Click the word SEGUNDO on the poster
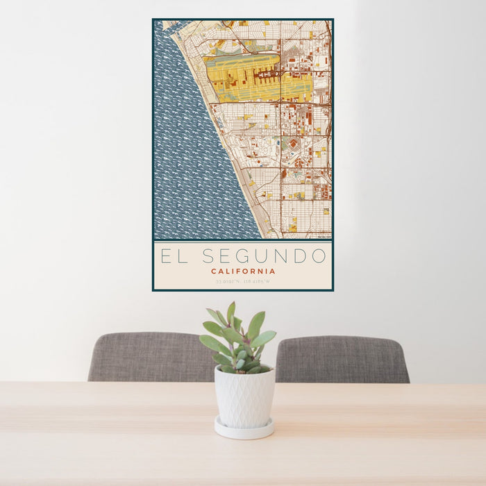pyautogui.click(x=264, y=256)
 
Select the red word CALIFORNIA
pyautogui.click(x=243, y=271)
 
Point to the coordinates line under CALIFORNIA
pyautogui.click(x=243, y=281)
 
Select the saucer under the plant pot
pyautogui.click(x=244, y=429)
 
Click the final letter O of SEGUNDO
pyautogui.click(x=319, y=256)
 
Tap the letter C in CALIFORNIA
pyautogui.click(x=214, y=271)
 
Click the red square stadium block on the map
pyautogui.click(x=293, y=144)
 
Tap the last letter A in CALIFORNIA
pyautogui.click(x=273, y=271)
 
